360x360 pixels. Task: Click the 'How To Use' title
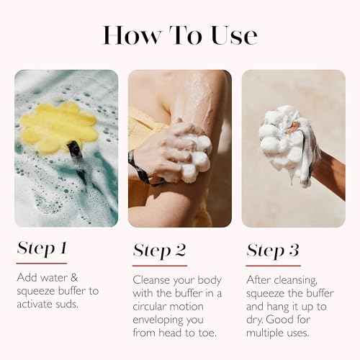(179, 35)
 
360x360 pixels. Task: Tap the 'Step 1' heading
(41, 249)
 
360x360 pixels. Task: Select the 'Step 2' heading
(159, 251)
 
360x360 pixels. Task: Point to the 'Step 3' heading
(273, 251)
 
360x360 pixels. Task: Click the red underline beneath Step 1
(41, 263)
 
